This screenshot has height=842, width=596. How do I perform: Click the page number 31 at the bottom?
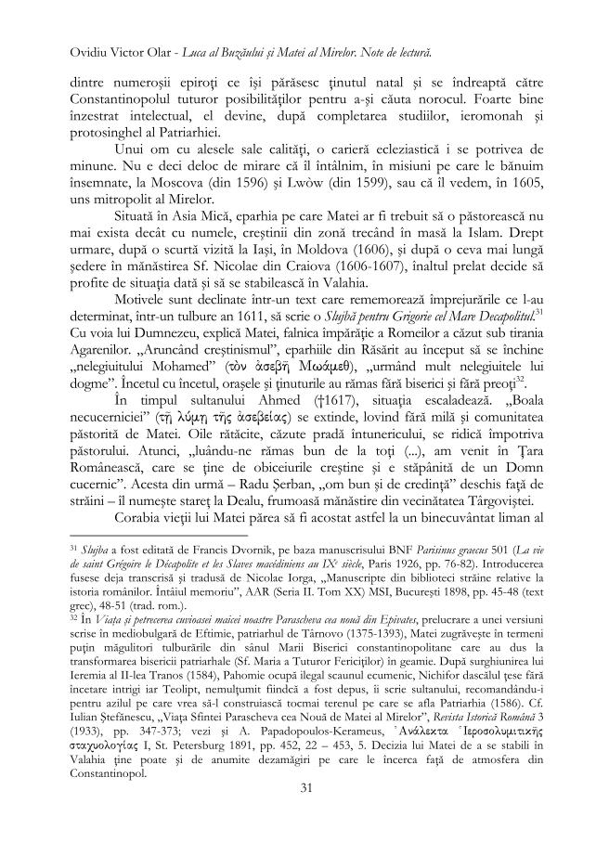click(x=298, y=789)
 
